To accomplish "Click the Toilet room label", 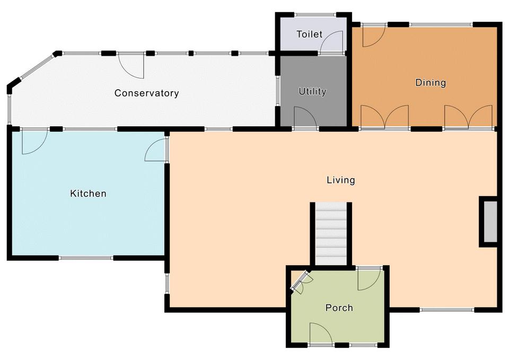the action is (309, 34).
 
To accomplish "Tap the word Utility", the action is (312, 92).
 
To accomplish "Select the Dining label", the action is (431, 83).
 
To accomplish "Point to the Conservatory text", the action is (146, 93).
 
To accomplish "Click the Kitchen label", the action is (89, 194).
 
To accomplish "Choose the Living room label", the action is (340, 180).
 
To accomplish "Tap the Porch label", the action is (339, 308).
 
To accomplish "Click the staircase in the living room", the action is (331, 233).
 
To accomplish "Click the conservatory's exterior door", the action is (131, 65).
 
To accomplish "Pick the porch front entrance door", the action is (321, 333).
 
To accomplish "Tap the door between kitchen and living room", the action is (156, 150).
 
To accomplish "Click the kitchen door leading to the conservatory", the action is (34, 142).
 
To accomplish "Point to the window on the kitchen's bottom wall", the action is (86, 258).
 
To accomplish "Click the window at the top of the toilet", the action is (315, 15).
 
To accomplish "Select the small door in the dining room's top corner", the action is (374, 36).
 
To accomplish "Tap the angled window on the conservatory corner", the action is (37, 67).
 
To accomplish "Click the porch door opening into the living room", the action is (370, 278).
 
